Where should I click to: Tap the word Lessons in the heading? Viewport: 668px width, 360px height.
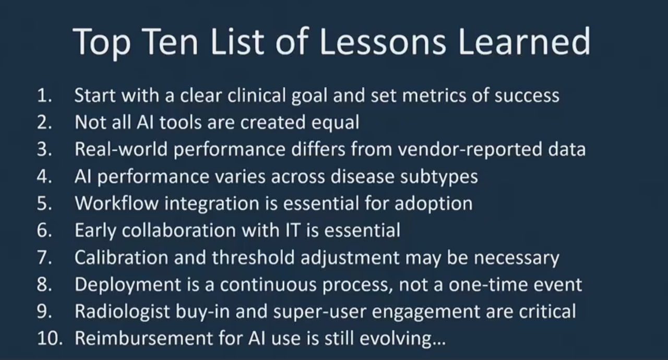[x=383, y=42]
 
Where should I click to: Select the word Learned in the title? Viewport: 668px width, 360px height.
[x=524, y=42]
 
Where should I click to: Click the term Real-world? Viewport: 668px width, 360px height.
[x=121, y=150]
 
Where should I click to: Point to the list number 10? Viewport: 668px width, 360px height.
[x=50, y=339]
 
